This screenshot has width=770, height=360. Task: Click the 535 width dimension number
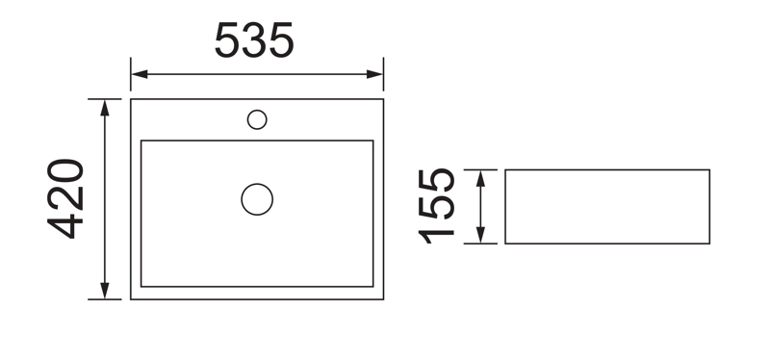[x=254, y=40]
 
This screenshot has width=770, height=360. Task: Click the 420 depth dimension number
[x=65, y=199]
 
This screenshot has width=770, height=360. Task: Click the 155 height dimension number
[x=436, y=206]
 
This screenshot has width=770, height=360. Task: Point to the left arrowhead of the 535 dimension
[x=140, y=74]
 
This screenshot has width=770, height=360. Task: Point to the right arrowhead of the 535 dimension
[x=374, y=74]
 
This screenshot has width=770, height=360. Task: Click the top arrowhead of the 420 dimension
[x=105, y=108]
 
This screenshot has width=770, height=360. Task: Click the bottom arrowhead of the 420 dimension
[x=105, y=291]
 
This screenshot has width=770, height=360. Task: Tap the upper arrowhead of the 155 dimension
[x=480, y=178]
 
